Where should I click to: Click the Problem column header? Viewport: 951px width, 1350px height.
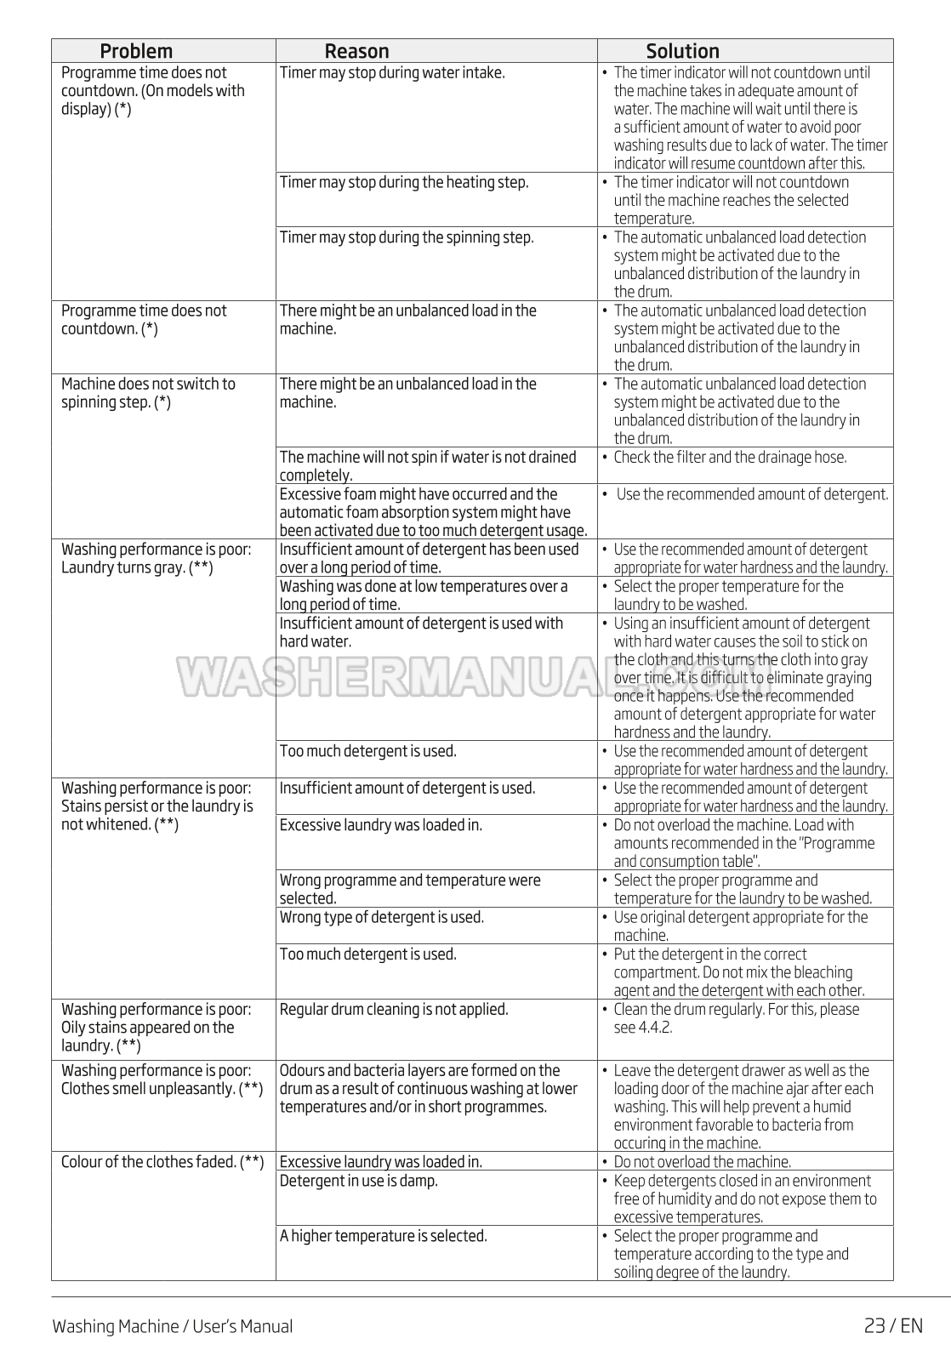[136, 51]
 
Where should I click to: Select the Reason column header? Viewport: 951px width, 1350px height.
[356, 51]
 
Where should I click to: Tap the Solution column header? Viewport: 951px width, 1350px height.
[682, 51]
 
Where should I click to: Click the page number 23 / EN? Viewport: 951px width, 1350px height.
[893, 1325]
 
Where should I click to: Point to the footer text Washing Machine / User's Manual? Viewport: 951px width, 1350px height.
[172, 1326]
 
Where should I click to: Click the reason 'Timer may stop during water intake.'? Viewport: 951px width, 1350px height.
[392, 73]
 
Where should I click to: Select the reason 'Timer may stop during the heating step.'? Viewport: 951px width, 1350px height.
[404, 182]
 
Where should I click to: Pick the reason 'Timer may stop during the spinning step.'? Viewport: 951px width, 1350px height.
[407, 237]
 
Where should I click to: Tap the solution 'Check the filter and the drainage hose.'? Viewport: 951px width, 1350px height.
[730, 458]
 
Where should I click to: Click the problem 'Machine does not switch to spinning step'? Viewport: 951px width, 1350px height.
[148, 393]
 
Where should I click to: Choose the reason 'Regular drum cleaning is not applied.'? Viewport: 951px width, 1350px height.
[394, 1010]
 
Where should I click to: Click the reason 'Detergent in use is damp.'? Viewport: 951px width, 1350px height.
[359, 1181]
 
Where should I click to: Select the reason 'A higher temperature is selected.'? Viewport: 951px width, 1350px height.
[384, 1236]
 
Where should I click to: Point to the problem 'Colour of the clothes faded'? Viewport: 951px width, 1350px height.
[162, 1162]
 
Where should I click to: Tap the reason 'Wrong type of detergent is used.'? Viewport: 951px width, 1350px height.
[382, 917]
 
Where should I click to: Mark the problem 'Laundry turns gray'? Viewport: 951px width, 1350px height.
[137, 567]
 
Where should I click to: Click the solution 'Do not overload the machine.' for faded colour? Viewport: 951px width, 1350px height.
[702, 1162]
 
